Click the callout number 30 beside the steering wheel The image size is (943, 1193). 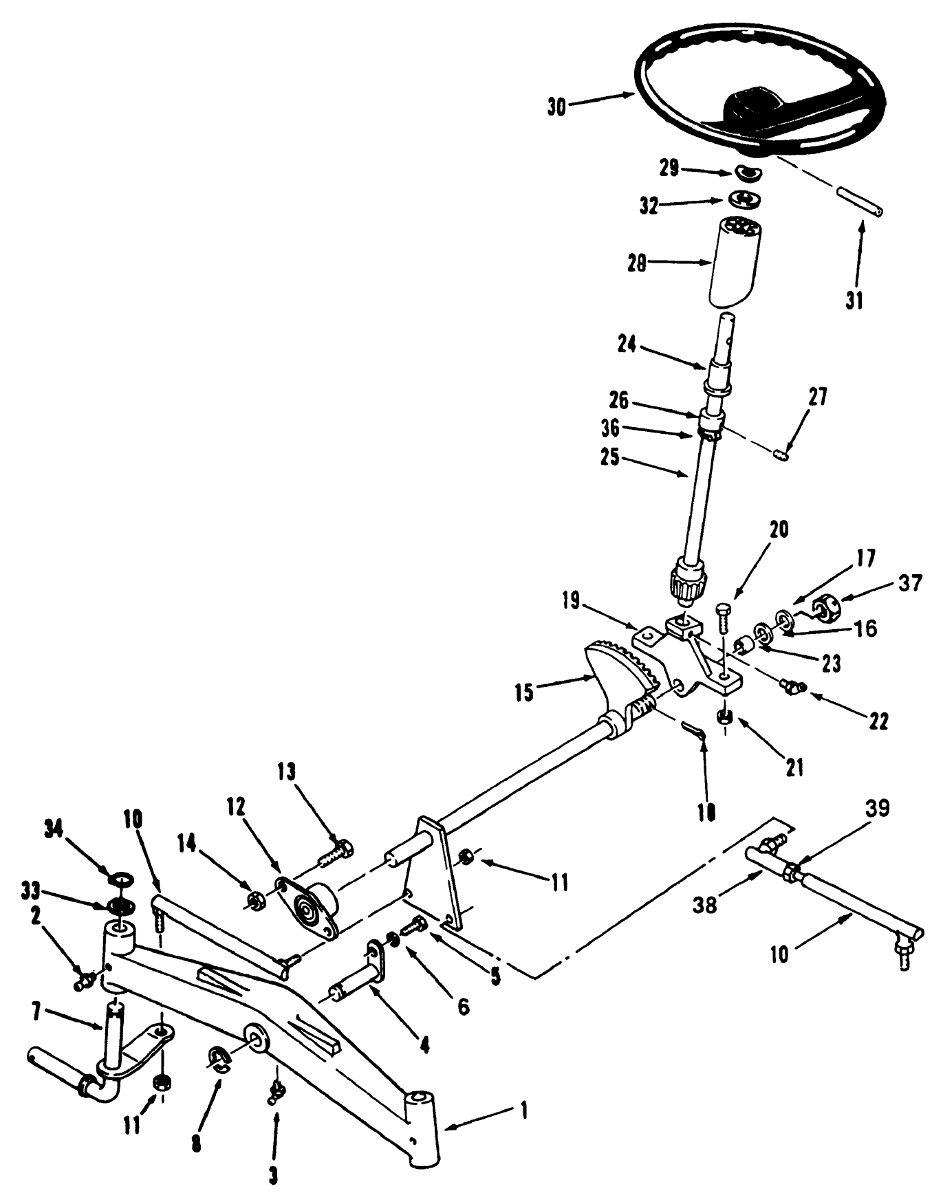click(x=558, y=107)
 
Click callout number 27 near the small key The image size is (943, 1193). click(x=819, y=397)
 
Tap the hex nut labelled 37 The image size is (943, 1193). click(x=821, y=607)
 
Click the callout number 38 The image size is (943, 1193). click(x=706, y=905)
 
